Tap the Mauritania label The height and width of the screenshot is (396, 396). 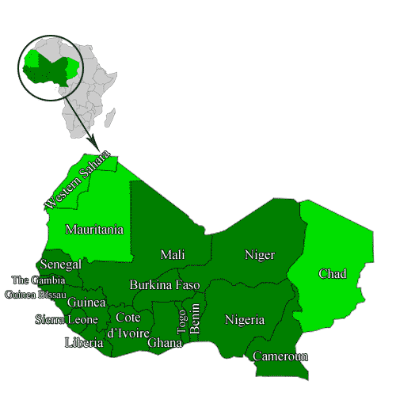pyautogui.click(x=94, y=230)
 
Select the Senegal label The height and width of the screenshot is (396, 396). pyautogui.click(x=59, y=264)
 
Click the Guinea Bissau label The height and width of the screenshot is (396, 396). pyautogui.click(x=35, y=295)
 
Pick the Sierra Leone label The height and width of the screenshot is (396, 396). pyautogui.click(x=66, y=319)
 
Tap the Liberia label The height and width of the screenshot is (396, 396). pyautogui.click(x=83, y=343)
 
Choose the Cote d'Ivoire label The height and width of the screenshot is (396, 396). pyautogui.click(x=128, y=325)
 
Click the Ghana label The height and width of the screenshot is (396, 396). pyautogui.click(x=165, y=342)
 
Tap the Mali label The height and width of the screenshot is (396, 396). pyautogui.click(x=172, y=254)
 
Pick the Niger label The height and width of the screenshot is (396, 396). pyautogui.click(x=260, y=254)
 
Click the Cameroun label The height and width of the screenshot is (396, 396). pyautogui.click(x=280, y=356)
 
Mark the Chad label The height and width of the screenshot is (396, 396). pyautogui.click(x=333, y=274)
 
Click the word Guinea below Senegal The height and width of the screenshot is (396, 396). pyautogui.click(x=86, y=303)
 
